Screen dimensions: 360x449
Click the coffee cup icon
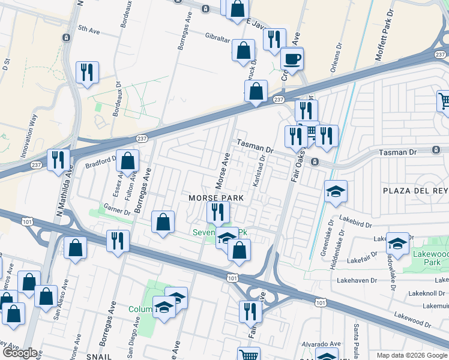click(292, 59)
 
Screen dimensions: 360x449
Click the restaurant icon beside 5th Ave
click(88, 73)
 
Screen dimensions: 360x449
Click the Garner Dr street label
click(116, 211)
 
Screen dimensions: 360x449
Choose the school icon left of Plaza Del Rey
click(336, 192)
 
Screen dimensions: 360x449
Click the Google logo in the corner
click(19, 352)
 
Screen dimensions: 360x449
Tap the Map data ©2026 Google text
click(411, 355)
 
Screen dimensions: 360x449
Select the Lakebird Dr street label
click(352, 220)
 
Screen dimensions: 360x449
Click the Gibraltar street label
click(218, 37)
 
